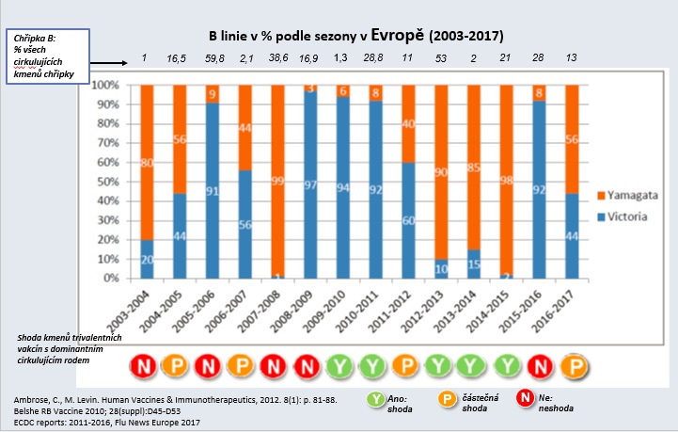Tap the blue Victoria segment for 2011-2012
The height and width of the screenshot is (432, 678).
tap(407, 220)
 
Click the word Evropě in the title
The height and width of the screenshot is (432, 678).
tap(397, 36)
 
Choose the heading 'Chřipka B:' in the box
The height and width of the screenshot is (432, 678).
tap(34, 38)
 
